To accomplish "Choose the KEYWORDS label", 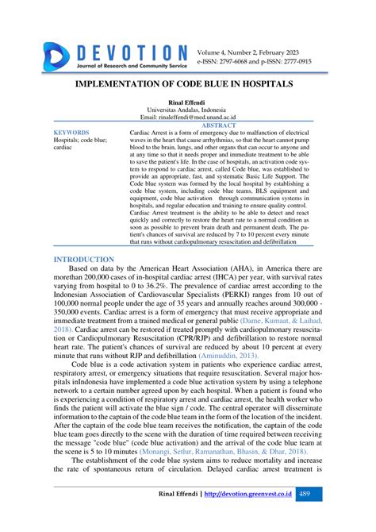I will tap(71, 133).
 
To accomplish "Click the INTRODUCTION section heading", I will tap(84, 259).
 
